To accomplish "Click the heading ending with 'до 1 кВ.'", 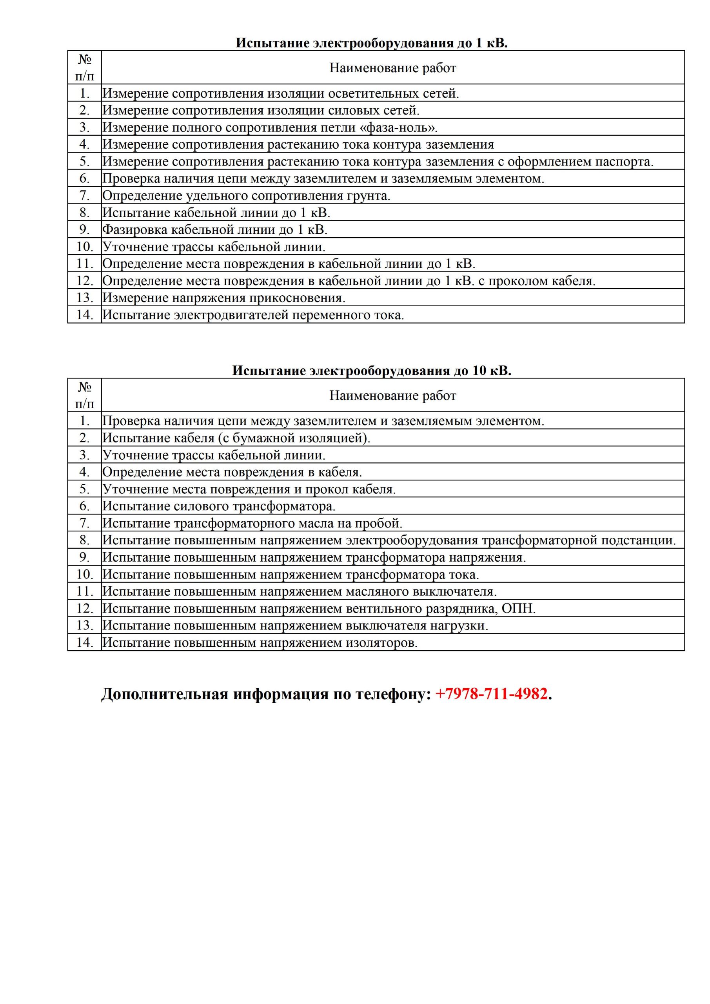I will click(372, 43).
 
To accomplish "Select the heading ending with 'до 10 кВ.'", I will click(372, 371).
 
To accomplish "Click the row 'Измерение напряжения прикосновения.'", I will click(224, 298).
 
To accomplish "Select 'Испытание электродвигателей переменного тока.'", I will click(253, 315).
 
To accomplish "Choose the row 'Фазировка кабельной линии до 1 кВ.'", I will click(215, 230).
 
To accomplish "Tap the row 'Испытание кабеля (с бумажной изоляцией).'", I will click(236, 438).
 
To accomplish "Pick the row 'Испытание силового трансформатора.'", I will click(219, 506).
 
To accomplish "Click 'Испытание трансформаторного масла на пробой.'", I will click(252, 524).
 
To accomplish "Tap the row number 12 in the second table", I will click(84, 609).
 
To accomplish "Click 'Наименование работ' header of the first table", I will click(392, 68).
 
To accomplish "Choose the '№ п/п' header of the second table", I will click(84, 395).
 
